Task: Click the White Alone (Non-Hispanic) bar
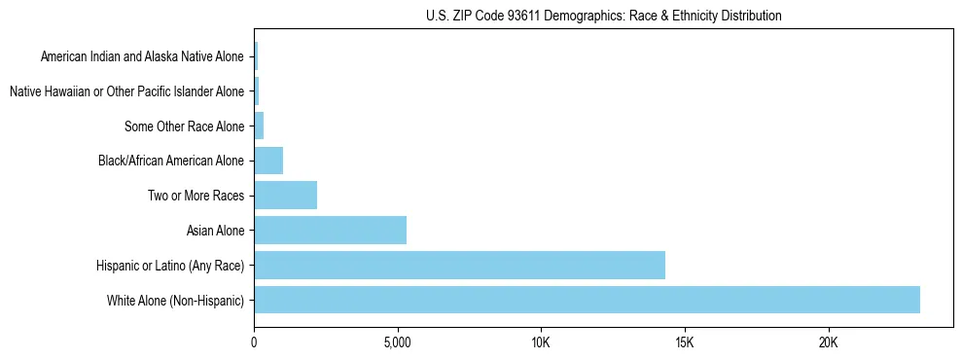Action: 587,300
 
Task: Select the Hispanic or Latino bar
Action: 459,265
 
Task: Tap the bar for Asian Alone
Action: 330,231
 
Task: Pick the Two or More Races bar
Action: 285,196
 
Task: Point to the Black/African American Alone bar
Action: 268,161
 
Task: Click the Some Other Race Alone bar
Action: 259,126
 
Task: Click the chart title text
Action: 603,16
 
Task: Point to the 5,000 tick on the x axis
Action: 398,343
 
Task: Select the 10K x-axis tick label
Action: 541,343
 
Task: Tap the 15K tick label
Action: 685,343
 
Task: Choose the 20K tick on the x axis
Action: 828,343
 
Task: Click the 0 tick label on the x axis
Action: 254,343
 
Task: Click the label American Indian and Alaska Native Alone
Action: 142,56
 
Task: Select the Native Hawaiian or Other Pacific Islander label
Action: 126,91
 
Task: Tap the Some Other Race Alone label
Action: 184,126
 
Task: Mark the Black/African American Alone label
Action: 171,161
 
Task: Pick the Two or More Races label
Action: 196,196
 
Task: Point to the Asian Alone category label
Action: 215,231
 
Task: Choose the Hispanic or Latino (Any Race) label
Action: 170,266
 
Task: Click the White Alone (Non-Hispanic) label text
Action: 175,301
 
